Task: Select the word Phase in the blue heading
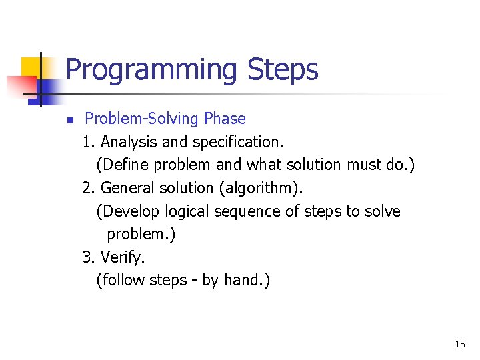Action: coord(225,119)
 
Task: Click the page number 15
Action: coord(459,345)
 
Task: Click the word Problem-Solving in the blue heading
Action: coord(142,119)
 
